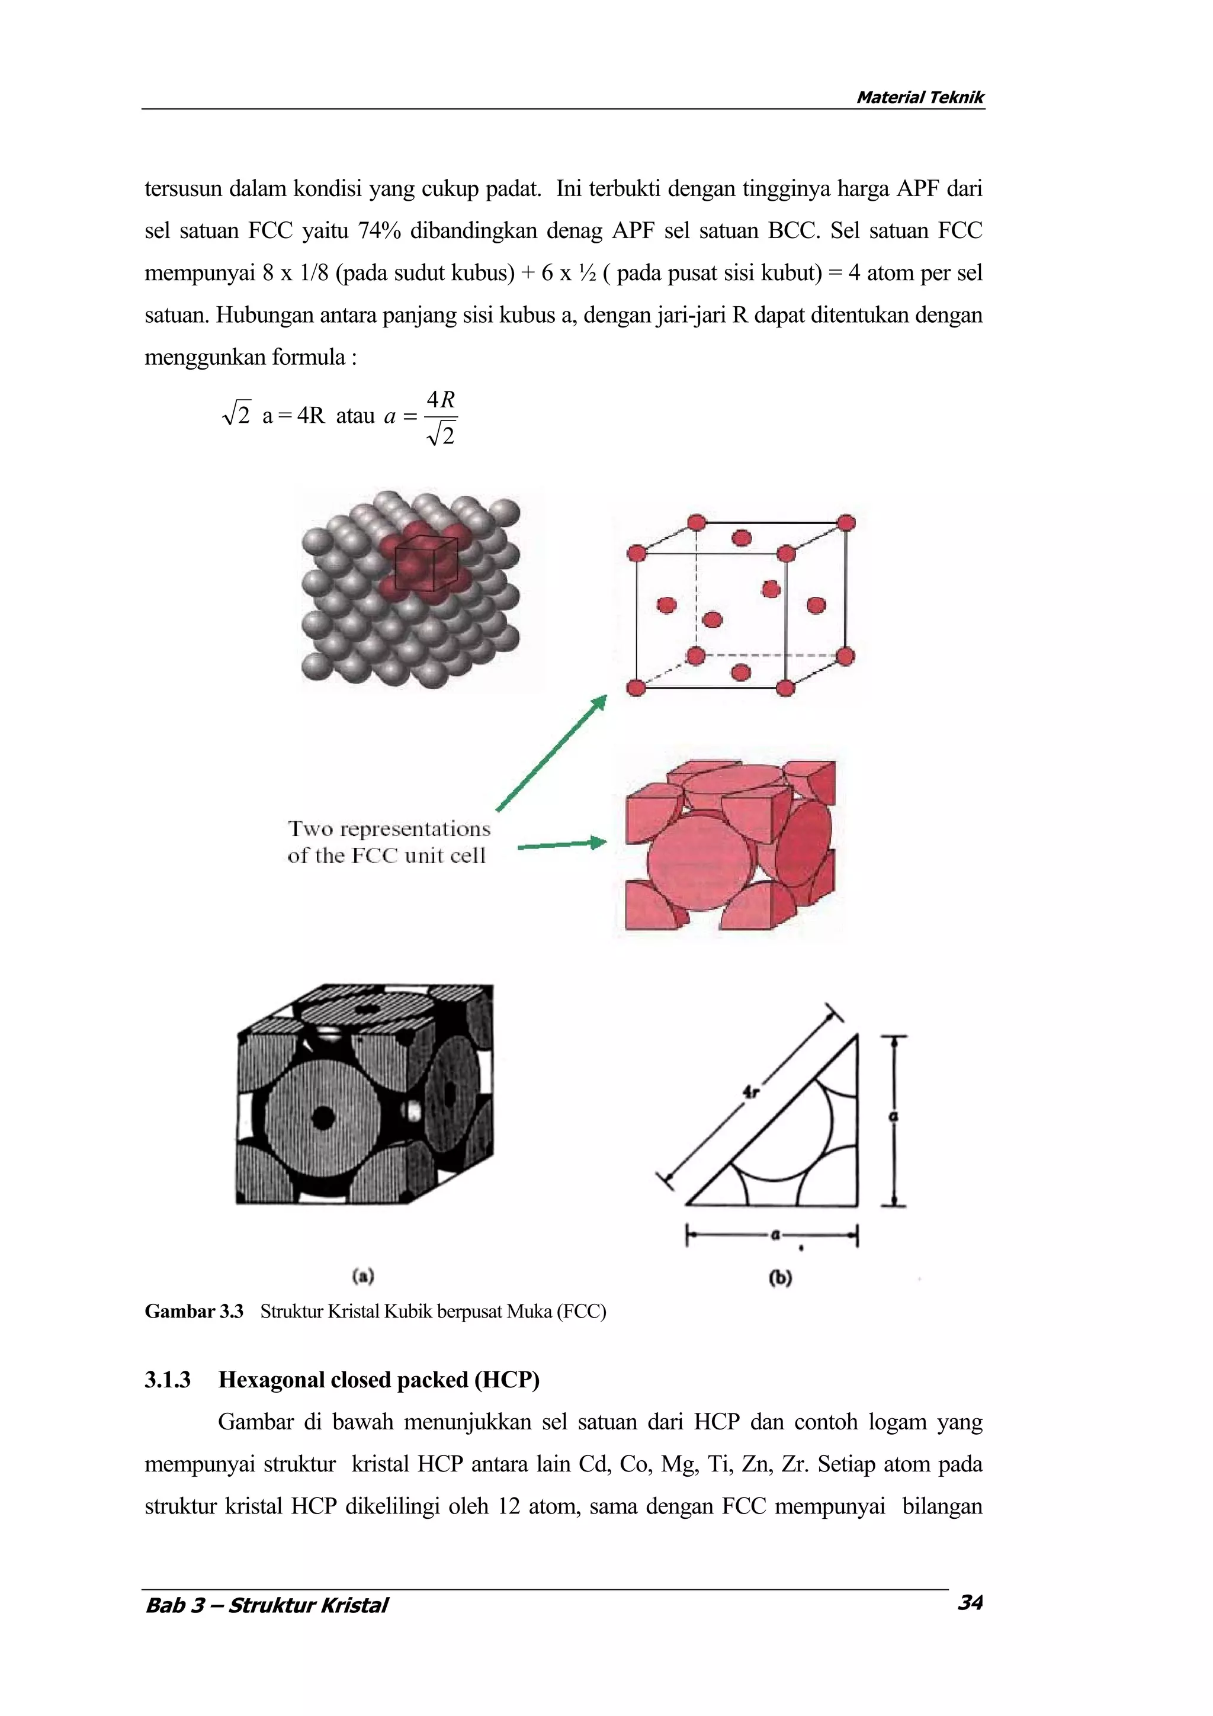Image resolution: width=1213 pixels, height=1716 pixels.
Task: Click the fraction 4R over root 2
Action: coord(441,418)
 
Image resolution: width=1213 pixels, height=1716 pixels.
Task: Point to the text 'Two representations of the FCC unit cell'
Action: coord(389,841)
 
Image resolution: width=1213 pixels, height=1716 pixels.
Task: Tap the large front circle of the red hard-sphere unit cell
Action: coord(697,862)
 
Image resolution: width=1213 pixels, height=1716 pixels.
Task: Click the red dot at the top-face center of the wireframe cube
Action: coord(741,538)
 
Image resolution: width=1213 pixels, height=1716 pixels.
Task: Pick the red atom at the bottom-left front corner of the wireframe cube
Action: coord(636,687)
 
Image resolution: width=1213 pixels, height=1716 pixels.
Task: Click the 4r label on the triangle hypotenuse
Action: coord(750,1092)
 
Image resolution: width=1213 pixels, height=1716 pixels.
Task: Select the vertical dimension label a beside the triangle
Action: coord(893,1117)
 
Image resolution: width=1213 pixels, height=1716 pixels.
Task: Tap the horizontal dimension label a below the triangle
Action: coord(775,1235)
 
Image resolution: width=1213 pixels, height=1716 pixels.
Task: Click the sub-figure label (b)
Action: coord(779,1278)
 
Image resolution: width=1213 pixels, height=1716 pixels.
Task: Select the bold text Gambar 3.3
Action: coord(194,1312)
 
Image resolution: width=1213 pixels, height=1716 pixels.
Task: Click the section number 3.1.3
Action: coord(168,1380)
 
